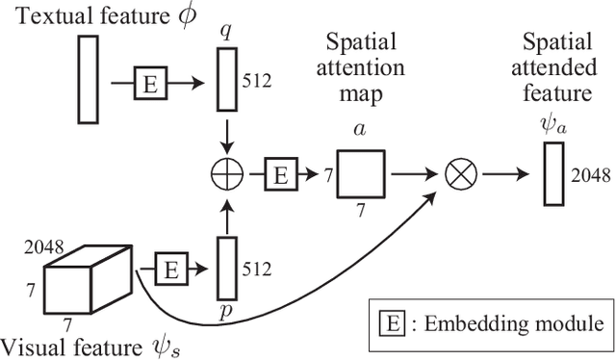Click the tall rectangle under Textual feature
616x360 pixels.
88,80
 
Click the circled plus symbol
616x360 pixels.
226,176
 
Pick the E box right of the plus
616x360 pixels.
281,175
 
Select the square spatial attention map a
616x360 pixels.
361,174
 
